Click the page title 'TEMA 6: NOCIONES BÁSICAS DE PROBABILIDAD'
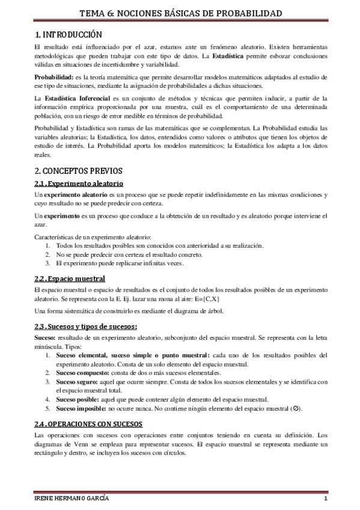(180, 13)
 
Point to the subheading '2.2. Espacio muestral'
(69, 278)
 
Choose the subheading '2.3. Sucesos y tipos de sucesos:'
(85, 327)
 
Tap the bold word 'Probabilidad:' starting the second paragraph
(53, 78)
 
